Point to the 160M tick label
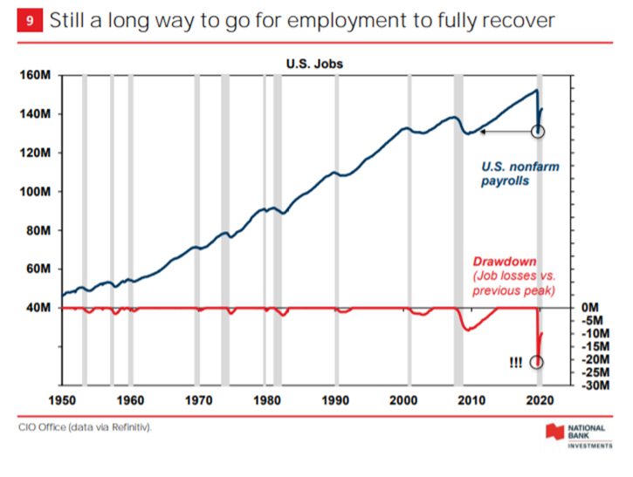pyautogui.click(x=36, y=76)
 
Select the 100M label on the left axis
pyautogui.click(x=36, y=192)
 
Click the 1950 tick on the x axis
pyautogui.click(x=62, y=401)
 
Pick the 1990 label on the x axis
pyautogui.click(x=337, y=401)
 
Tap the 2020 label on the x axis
pyautogui.click(x=541, y=401)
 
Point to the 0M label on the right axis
pyautogui.click(x=591, y=308)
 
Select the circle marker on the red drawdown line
pyautogui.click(x=537, y=362)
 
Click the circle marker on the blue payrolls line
pyautogui.click(x=538, y=132)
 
